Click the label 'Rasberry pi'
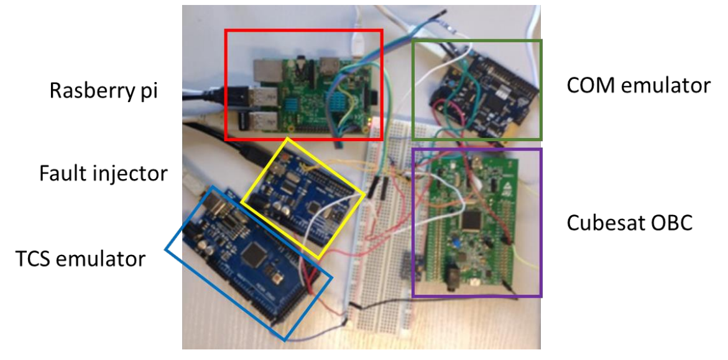104,91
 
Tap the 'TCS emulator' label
81,257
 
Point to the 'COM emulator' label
638,85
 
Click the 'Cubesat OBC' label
629,223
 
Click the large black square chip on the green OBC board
474,221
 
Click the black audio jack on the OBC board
454,274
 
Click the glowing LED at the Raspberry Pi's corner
371,119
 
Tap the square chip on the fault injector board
315,205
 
